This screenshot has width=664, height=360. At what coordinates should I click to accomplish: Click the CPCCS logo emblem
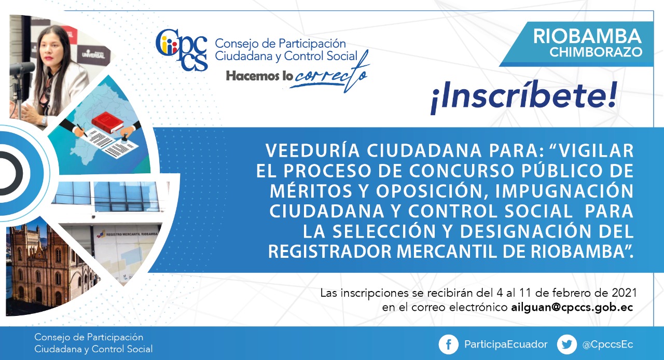[x=182, y=49]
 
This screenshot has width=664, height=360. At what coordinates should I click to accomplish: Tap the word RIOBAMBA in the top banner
[x=587, y=36]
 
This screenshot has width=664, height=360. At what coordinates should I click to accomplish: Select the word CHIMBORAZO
[x=596, y=52]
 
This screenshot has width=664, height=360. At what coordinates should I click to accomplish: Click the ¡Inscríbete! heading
[x=524, y=96]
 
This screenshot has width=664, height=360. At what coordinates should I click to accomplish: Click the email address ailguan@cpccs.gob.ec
[x=572, y=307]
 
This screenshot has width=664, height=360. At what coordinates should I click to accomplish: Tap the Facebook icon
[x=449, y=344]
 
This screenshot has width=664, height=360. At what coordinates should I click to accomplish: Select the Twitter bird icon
[x=567, y=344]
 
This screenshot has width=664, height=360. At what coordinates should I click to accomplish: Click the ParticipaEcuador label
[x=506, y=344]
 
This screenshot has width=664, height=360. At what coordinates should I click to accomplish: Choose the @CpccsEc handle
[x=607, y=344]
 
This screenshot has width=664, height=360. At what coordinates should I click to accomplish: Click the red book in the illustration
[x=107, y=122]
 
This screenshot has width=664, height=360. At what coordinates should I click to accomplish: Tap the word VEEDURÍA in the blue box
[x=312, y=150]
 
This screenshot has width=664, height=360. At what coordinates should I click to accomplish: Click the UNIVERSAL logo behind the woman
[x=93, y=54]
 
